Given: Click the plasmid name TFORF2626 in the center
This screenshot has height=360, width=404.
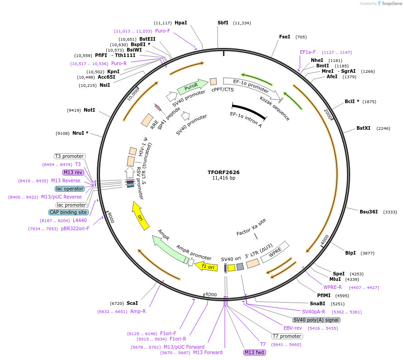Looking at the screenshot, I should [223, 172].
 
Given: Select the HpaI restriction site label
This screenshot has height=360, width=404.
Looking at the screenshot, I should [181, 23].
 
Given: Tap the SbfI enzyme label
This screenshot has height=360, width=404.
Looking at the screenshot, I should [223, 23].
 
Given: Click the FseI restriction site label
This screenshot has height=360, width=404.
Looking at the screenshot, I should [285, 37].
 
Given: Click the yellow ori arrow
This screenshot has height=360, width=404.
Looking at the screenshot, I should [141, 216].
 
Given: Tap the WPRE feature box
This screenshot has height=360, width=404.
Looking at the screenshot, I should [278, 251].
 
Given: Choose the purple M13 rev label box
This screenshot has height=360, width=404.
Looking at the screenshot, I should [73, 172].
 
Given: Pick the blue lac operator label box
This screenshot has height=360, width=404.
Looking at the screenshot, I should [70, 189].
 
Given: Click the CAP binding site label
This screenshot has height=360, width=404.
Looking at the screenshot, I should [68, 212].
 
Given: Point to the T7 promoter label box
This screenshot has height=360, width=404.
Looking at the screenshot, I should [287, 336].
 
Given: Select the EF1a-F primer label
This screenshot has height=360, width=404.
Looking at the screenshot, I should [308, 52].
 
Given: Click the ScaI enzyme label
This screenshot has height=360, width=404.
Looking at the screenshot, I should [132, 303].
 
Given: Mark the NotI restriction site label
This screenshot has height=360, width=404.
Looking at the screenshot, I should [89, 110].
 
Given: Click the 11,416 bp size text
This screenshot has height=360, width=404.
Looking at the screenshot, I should [223, 178].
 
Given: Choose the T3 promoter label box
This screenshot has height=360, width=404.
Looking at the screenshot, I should [70, 156].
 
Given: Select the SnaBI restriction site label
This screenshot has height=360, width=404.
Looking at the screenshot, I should [317, 303].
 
